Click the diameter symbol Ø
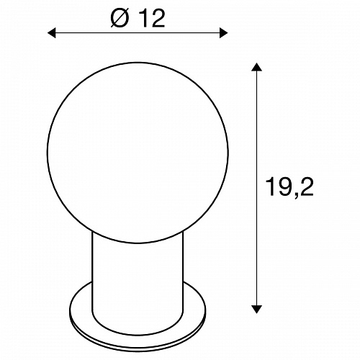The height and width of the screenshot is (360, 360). pos(120,19)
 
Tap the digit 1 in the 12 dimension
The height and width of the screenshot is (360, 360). pos(143,19)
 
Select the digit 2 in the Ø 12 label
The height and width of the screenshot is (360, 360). pos(158,19)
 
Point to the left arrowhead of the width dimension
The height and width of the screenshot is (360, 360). pos(52,33)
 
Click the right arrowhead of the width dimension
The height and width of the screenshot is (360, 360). pos(223,33)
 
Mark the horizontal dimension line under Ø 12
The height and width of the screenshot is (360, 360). pos(138,33)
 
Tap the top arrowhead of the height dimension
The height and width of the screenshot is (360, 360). pos(256,67)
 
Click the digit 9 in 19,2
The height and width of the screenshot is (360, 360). pos(285,187)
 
